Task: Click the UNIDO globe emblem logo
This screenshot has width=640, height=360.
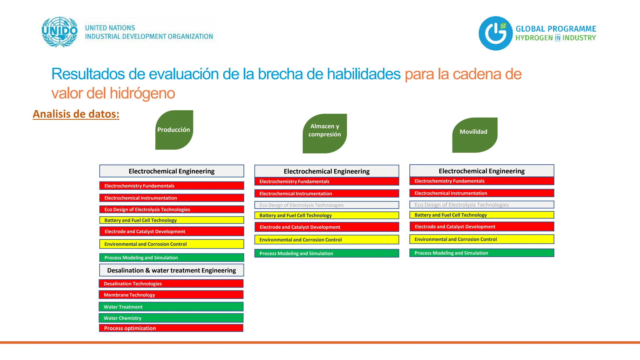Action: coord(59,32)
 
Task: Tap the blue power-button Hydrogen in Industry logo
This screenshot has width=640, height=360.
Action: coord(496,33)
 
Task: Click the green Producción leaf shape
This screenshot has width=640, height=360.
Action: coord(174,130)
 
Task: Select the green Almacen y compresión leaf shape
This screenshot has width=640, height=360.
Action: coord(325,133)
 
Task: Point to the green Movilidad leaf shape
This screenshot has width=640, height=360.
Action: coord(474,135)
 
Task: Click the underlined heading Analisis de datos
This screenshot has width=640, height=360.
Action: coord(76,114)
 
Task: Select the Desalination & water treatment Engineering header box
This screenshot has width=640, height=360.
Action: coord(172,270)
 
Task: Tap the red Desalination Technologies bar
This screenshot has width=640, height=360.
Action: coord(171,283)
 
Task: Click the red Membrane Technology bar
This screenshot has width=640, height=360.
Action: coord(171,295)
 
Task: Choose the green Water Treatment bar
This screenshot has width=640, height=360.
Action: coord(171,307)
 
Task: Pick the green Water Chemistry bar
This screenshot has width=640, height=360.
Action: coord(171,318)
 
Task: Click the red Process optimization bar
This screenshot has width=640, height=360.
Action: coord(171,328)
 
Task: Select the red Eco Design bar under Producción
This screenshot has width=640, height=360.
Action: coord(172,209)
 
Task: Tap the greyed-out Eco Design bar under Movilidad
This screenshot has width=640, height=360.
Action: coord(482,205)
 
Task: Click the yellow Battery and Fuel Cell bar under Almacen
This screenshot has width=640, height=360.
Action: coord(327,215)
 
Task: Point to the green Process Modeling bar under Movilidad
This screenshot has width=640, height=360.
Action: coord(482,253)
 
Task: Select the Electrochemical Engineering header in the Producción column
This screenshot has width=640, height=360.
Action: coord(172,171)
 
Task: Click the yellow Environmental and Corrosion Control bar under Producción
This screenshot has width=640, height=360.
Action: coord(172,244)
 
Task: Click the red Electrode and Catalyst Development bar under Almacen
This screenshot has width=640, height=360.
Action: coord(327,227)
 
